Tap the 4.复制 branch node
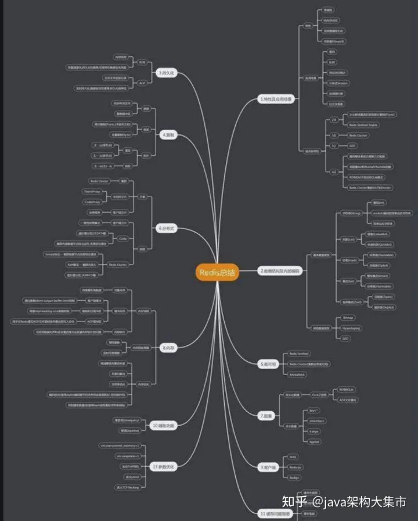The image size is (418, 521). coord(169,135)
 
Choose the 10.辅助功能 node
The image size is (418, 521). coord(164,426)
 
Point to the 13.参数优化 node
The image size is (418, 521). coord(163,466)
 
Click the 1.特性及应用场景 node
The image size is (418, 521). coord(276,100)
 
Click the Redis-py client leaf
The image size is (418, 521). coord(296,467)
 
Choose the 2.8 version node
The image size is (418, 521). coord(334,120)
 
